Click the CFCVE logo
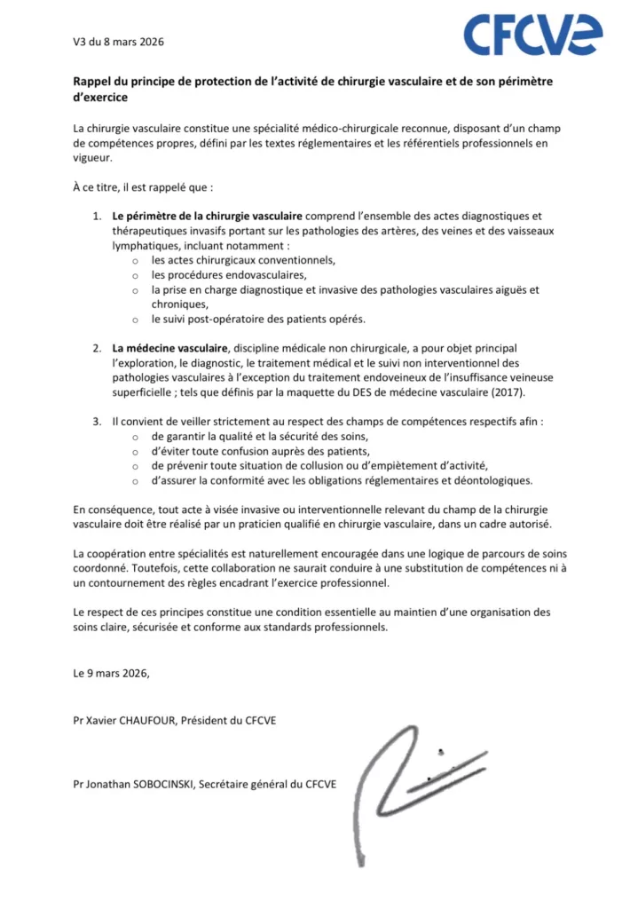pyautogui.click(x=533, y=36)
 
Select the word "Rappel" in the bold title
pyautogui.click(x=93, y=82)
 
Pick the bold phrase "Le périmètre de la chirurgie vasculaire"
pyautogui.click(x=209, y=216)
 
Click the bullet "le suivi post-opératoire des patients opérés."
pyautogui.click(x=257, y=319)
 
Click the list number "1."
pyautogui.click(x=98, y=216)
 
